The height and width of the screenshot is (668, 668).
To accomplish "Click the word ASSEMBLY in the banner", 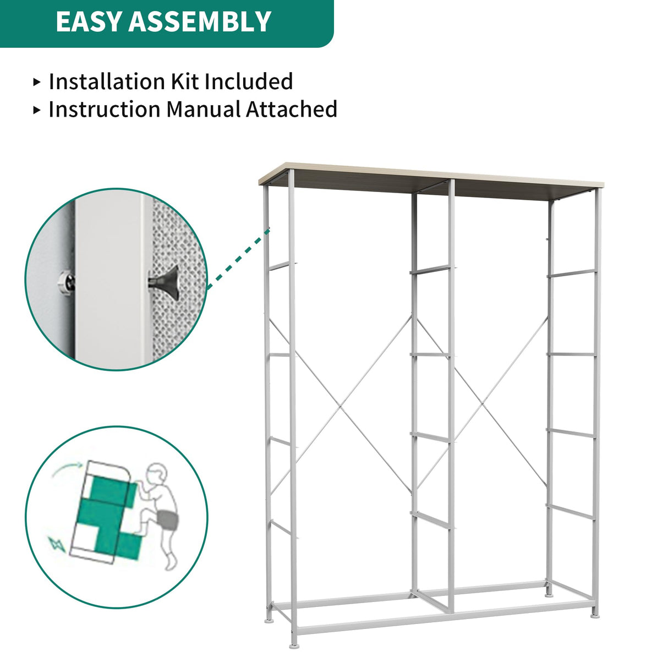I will point(200,22).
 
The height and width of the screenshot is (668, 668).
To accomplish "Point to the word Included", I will point(249,81).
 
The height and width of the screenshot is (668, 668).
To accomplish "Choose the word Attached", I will point(292,109).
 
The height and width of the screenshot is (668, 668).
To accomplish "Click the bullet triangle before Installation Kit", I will point(37,82).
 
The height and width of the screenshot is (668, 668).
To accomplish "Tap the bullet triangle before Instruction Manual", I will point(37,109).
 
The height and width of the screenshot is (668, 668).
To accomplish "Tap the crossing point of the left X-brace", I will point(341,406).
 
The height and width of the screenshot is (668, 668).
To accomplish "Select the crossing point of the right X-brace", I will point(483,404).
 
